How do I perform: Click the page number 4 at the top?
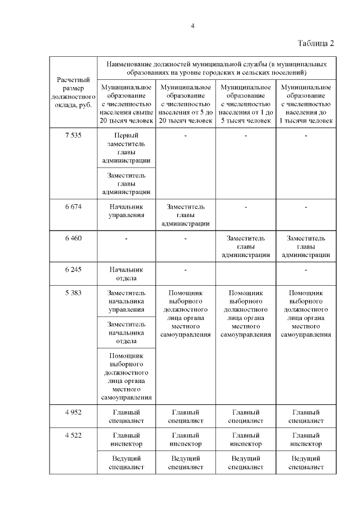point(192,26)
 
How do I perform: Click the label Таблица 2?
point(316,44)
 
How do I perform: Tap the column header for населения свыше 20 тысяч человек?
point(126,104)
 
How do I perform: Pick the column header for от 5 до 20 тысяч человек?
point(186,104)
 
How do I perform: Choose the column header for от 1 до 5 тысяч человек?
point(245,104)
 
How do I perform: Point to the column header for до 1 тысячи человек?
point(305,104)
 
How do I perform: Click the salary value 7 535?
point(73,136)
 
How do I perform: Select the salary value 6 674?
point(73,206)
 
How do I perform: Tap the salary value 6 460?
point(73,238)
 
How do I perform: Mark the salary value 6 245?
point(73,270)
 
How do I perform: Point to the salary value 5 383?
point(73,293)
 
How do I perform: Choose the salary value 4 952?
point(73,412)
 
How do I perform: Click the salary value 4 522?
point(73,435)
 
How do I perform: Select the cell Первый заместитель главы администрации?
point(126,148)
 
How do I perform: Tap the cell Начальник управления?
point(126,210)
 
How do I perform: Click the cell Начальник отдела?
point(126,274)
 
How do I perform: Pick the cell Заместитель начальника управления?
point(126,301)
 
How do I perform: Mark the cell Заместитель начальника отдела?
point(126,332)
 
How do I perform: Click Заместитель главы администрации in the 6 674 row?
point(186,215)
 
